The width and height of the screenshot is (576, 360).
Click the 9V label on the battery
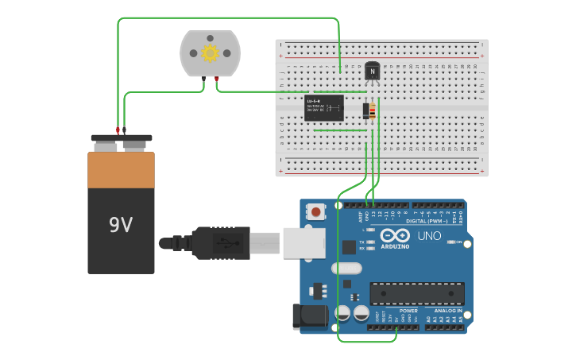coord(121,226)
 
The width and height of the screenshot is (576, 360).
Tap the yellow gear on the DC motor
coord(210,53)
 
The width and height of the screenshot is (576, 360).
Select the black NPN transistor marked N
coord(372,72)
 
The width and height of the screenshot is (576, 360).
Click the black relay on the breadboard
coord(324,108)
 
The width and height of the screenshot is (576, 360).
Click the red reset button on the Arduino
coord(317,212)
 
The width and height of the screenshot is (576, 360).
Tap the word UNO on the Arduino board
coord(429,236)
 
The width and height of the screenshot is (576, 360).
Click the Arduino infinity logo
coord(395,235)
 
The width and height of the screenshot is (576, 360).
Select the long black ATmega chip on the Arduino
coord(417,293)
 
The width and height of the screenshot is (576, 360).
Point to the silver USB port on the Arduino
coord(304,242)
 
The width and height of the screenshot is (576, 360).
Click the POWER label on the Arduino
coord(408,311)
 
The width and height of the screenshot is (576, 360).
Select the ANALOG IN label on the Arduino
coord(448,311)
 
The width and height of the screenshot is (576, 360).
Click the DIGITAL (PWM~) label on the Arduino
coord(427,221)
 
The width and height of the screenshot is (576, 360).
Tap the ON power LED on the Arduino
coord(450,242)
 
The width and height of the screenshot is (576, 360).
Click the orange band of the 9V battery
coord(121,170)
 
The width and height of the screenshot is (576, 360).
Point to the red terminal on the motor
coord(216,78)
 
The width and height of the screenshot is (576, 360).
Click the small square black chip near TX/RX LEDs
coord(349,247)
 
